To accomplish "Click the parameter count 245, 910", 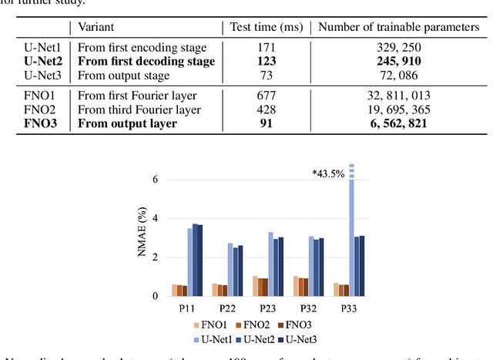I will click(x=399, y=62).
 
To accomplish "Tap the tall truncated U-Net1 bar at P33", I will click(x=352, y=231).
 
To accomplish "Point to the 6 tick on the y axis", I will click(x=154, y=180).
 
